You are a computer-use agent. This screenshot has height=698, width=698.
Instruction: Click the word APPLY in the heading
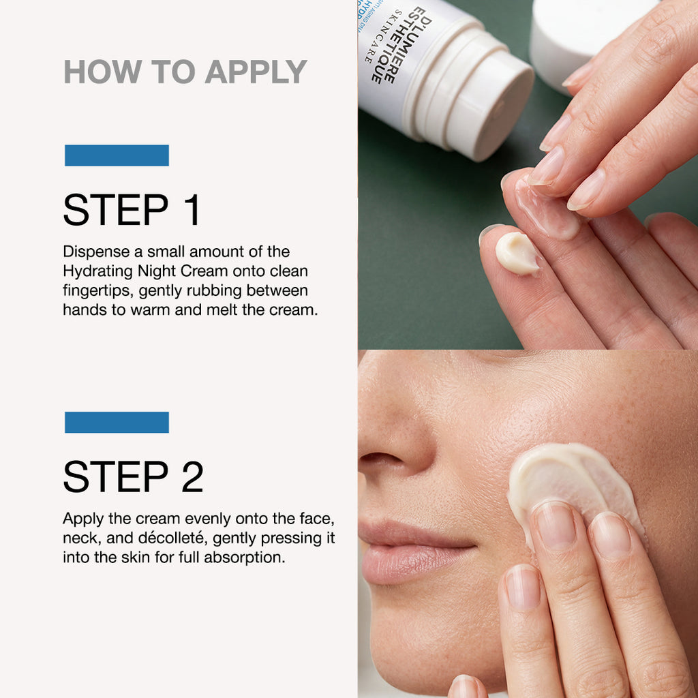256,72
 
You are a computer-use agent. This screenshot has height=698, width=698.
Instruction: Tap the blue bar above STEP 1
117,155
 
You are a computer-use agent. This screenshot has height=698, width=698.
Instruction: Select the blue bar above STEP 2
117,422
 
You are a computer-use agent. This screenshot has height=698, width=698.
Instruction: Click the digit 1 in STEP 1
192,211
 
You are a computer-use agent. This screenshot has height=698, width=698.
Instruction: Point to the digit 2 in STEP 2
192,477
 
